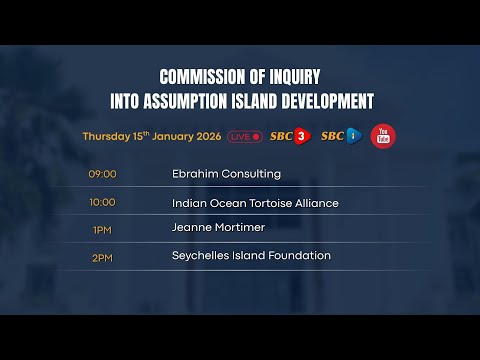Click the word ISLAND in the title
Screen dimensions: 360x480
257,101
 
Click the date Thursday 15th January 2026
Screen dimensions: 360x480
152,136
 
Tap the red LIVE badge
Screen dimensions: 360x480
245,136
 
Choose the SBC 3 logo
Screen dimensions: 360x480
291,136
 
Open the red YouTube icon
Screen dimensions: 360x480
382,136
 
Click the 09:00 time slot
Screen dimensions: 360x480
102,174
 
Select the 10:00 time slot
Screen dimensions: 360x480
102,202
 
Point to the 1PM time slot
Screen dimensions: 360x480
102,229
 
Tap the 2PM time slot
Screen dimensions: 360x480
102,256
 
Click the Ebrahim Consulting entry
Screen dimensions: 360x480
226,174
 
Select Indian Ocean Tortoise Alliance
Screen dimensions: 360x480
255,203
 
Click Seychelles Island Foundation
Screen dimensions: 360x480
251,256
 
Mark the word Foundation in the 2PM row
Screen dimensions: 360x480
298,256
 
